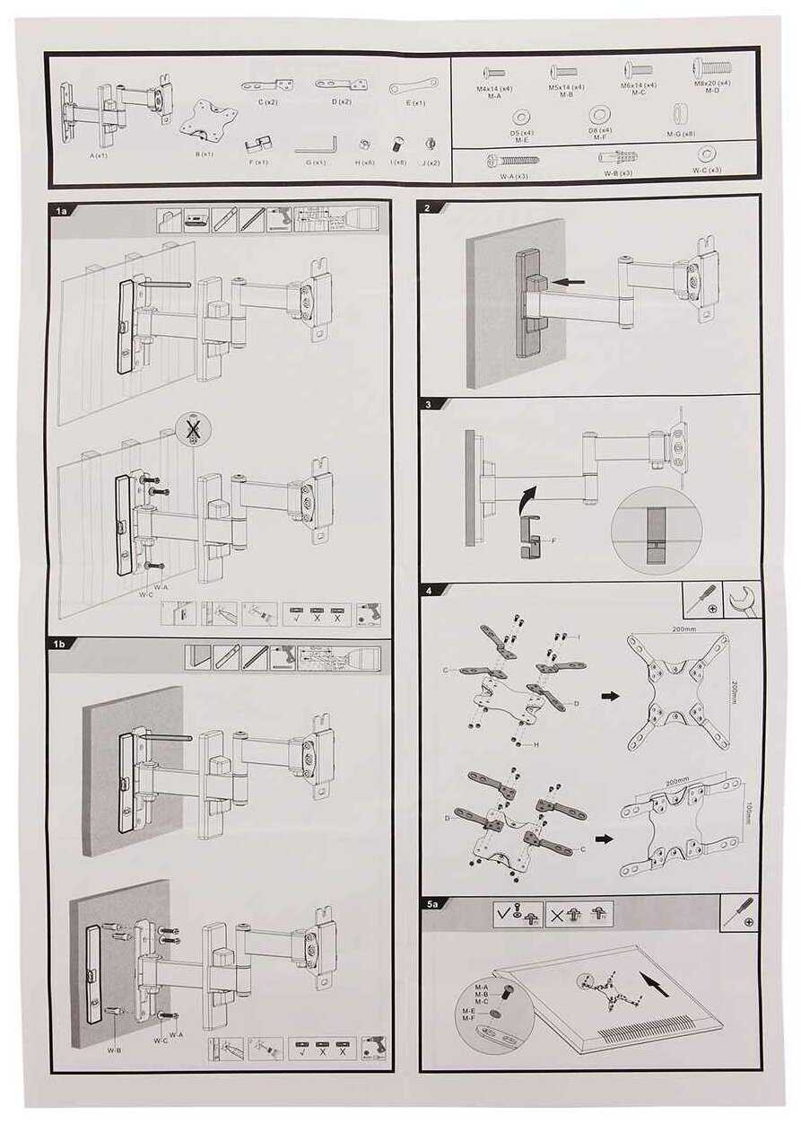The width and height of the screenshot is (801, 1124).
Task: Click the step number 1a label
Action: [62, 212]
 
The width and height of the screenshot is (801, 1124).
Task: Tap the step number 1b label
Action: [62, 645]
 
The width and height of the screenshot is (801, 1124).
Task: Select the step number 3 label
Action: [429, 405]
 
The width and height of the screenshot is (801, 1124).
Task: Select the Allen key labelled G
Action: [317, 145]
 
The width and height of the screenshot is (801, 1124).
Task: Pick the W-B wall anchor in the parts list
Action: [618, 156]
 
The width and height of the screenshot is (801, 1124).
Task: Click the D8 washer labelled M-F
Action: [598, 115]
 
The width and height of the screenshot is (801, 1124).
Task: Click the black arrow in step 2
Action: [570, 282]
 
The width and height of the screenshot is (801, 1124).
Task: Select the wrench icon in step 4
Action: [744, 600]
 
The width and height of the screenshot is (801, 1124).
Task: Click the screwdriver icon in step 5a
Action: [741, 911]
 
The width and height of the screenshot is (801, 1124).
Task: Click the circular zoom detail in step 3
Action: [655, 530]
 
